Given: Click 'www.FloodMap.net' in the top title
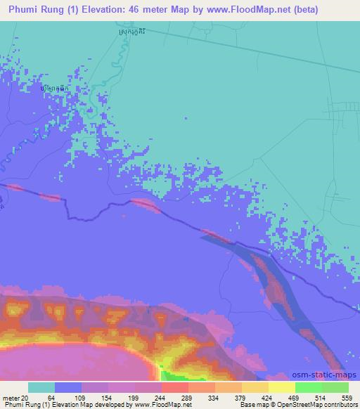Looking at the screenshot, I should (238, 10).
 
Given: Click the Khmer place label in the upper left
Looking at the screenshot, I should (55, 89).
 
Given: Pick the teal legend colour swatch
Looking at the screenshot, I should (41, 387).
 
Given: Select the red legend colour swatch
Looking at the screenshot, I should (174, 387).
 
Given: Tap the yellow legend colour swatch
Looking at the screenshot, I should (281, 387).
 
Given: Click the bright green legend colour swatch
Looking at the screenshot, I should (308, 387).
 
